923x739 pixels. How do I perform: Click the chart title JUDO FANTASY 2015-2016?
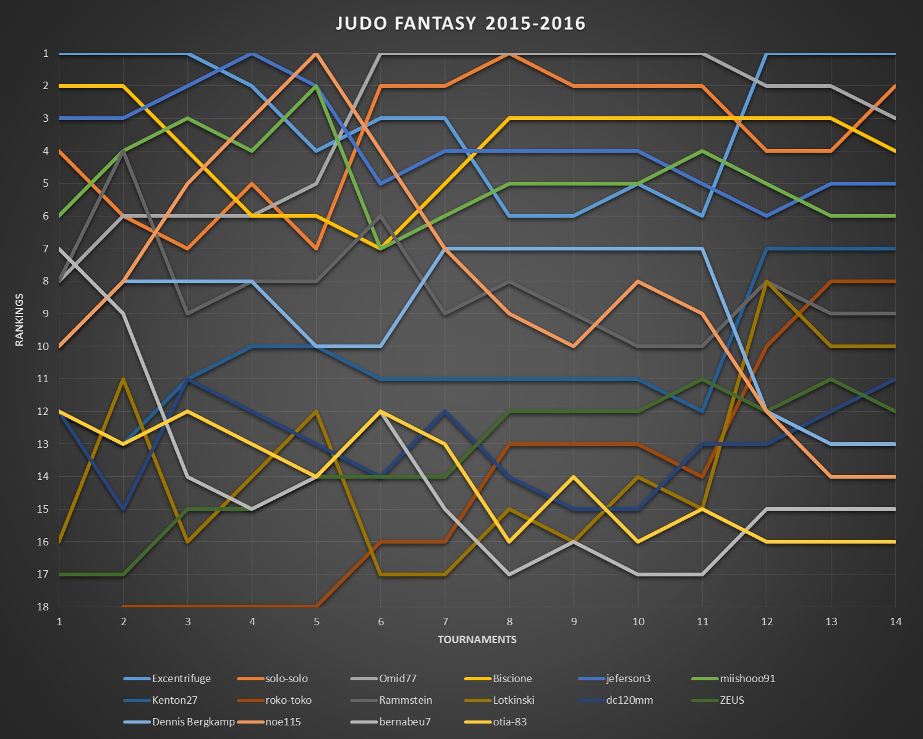click(x=461, y=23)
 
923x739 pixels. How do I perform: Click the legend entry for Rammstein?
click(x=406, y=700)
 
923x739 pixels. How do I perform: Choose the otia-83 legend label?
click(x=509, y=722)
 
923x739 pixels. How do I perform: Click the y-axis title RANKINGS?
click(x=19, y=320)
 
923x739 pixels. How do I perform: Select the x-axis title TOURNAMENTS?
click(x=477, y=639)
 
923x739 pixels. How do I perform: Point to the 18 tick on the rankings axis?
click(x=43, y=607)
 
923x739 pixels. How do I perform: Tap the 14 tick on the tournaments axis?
click(x=895, y=622)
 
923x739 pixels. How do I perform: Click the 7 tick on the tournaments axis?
click(x=445, y=622)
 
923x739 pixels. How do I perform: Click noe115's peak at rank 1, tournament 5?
click(x=317, y=54)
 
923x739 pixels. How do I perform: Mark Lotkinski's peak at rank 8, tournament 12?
click(x=767, y=281)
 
